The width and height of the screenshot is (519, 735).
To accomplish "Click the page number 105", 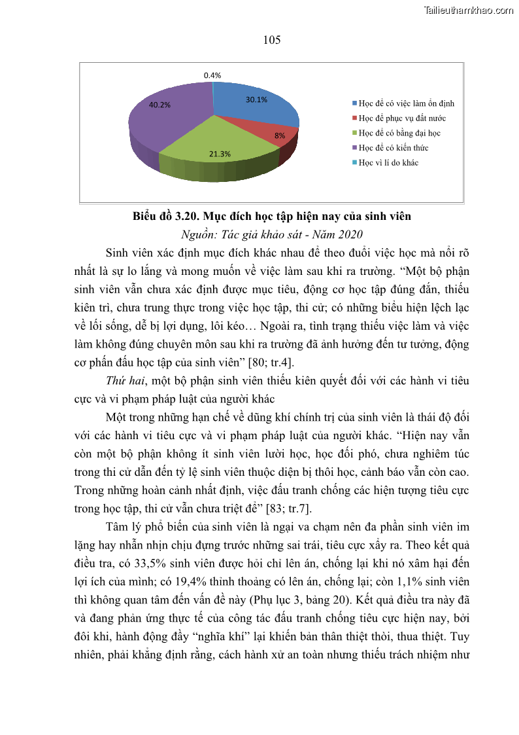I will (272, 40).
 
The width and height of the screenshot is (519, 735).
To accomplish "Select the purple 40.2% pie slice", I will (163, 121).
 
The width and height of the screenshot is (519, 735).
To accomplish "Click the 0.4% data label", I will (212, 75).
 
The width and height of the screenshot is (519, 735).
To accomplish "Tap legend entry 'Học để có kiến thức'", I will (393, 148).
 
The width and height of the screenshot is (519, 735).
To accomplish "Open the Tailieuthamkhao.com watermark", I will (469, 10).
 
